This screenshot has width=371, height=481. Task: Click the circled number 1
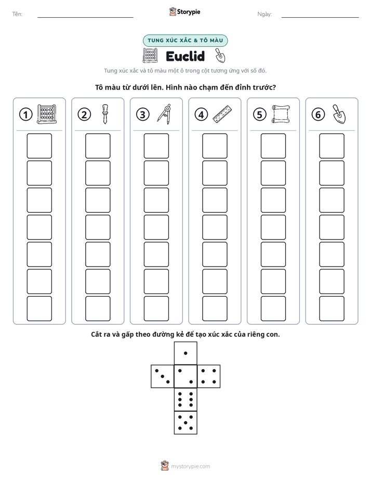point(25,115)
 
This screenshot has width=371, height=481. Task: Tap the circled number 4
point(201,115)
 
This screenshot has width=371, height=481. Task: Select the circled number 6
point(318,115)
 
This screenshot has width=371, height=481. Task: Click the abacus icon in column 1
point(47,114)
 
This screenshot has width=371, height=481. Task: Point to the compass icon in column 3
point(164,114)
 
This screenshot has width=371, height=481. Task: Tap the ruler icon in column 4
point(222,114)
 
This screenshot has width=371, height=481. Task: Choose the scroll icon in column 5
point(281,114)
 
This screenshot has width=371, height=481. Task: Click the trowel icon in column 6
point(339,114)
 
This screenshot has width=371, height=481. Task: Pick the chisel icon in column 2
point(105,114)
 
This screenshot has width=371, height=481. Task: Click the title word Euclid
point(185,56)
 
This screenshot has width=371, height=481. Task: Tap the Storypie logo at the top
point(184,12)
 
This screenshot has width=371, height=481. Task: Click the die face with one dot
point(186,353)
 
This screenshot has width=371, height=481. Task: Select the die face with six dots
point(186,399)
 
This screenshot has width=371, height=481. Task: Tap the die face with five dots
point(186,422)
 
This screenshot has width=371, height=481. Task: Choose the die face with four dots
point(208,376)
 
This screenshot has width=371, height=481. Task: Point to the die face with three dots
point(163,376)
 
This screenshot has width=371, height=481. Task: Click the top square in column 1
point(39,146)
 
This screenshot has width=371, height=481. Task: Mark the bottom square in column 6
point(332,309)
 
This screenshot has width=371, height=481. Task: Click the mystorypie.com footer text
point(190,466)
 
